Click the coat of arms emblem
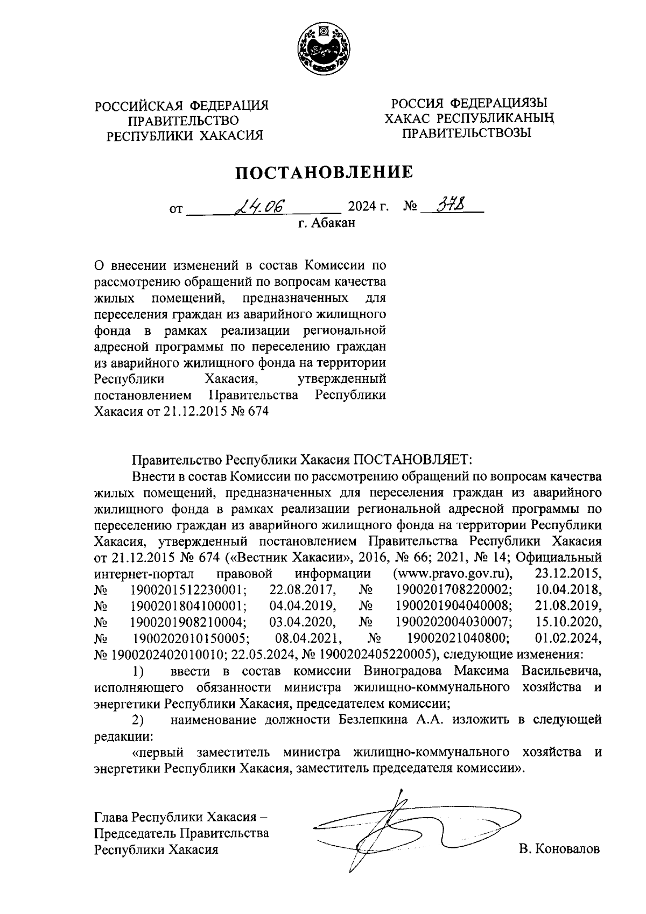[322, 50]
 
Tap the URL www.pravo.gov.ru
[454, 572]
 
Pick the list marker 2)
[138, 720]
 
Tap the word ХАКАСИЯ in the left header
[231, 135]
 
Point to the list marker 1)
[138, 673]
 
